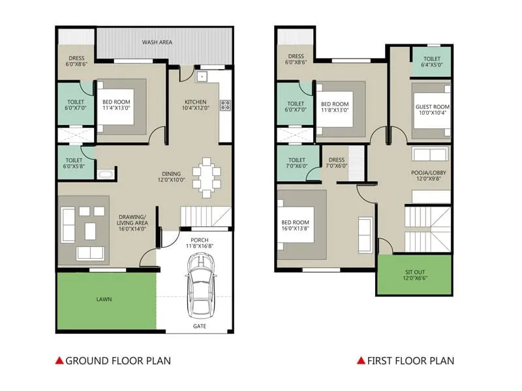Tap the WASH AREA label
pos(157,42)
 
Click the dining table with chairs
pos(207,176)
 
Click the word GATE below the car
pos(200,325)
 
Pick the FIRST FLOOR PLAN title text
pos(410,360)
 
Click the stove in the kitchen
pos(225,106)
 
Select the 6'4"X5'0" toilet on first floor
pos(432,65)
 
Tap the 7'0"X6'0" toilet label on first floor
pos(297,166)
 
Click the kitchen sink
pos(202,77)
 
